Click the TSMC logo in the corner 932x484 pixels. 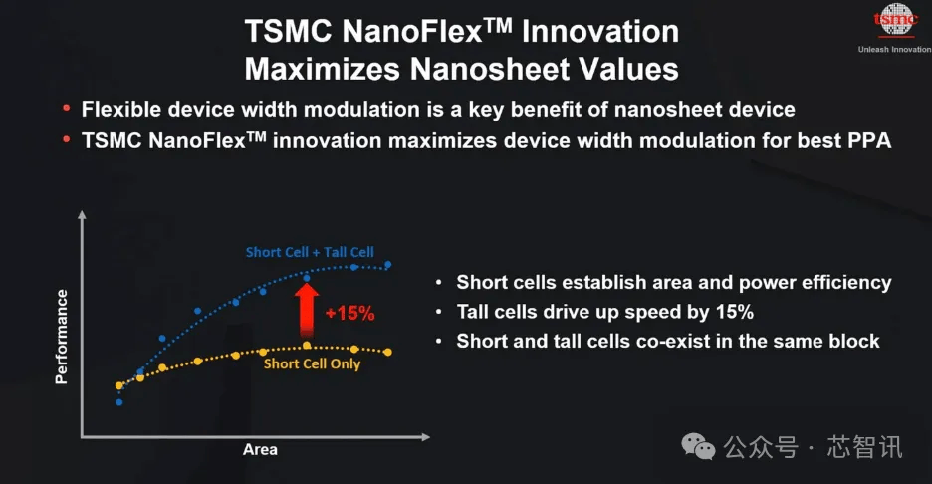895,21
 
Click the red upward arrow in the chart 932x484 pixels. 307,311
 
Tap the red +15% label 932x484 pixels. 350,313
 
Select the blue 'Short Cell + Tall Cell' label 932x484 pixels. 310,252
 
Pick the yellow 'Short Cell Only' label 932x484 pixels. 312,363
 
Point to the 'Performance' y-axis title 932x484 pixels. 61,337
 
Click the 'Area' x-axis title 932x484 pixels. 260,449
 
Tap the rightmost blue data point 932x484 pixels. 388,265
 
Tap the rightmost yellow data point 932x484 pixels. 388,352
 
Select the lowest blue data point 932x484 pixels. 119,402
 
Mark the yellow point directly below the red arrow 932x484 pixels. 307,345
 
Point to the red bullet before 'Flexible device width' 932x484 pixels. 67,108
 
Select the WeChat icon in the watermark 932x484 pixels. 698,446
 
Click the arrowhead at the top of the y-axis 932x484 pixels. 82,214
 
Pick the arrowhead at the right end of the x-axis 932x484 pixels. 425,437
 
